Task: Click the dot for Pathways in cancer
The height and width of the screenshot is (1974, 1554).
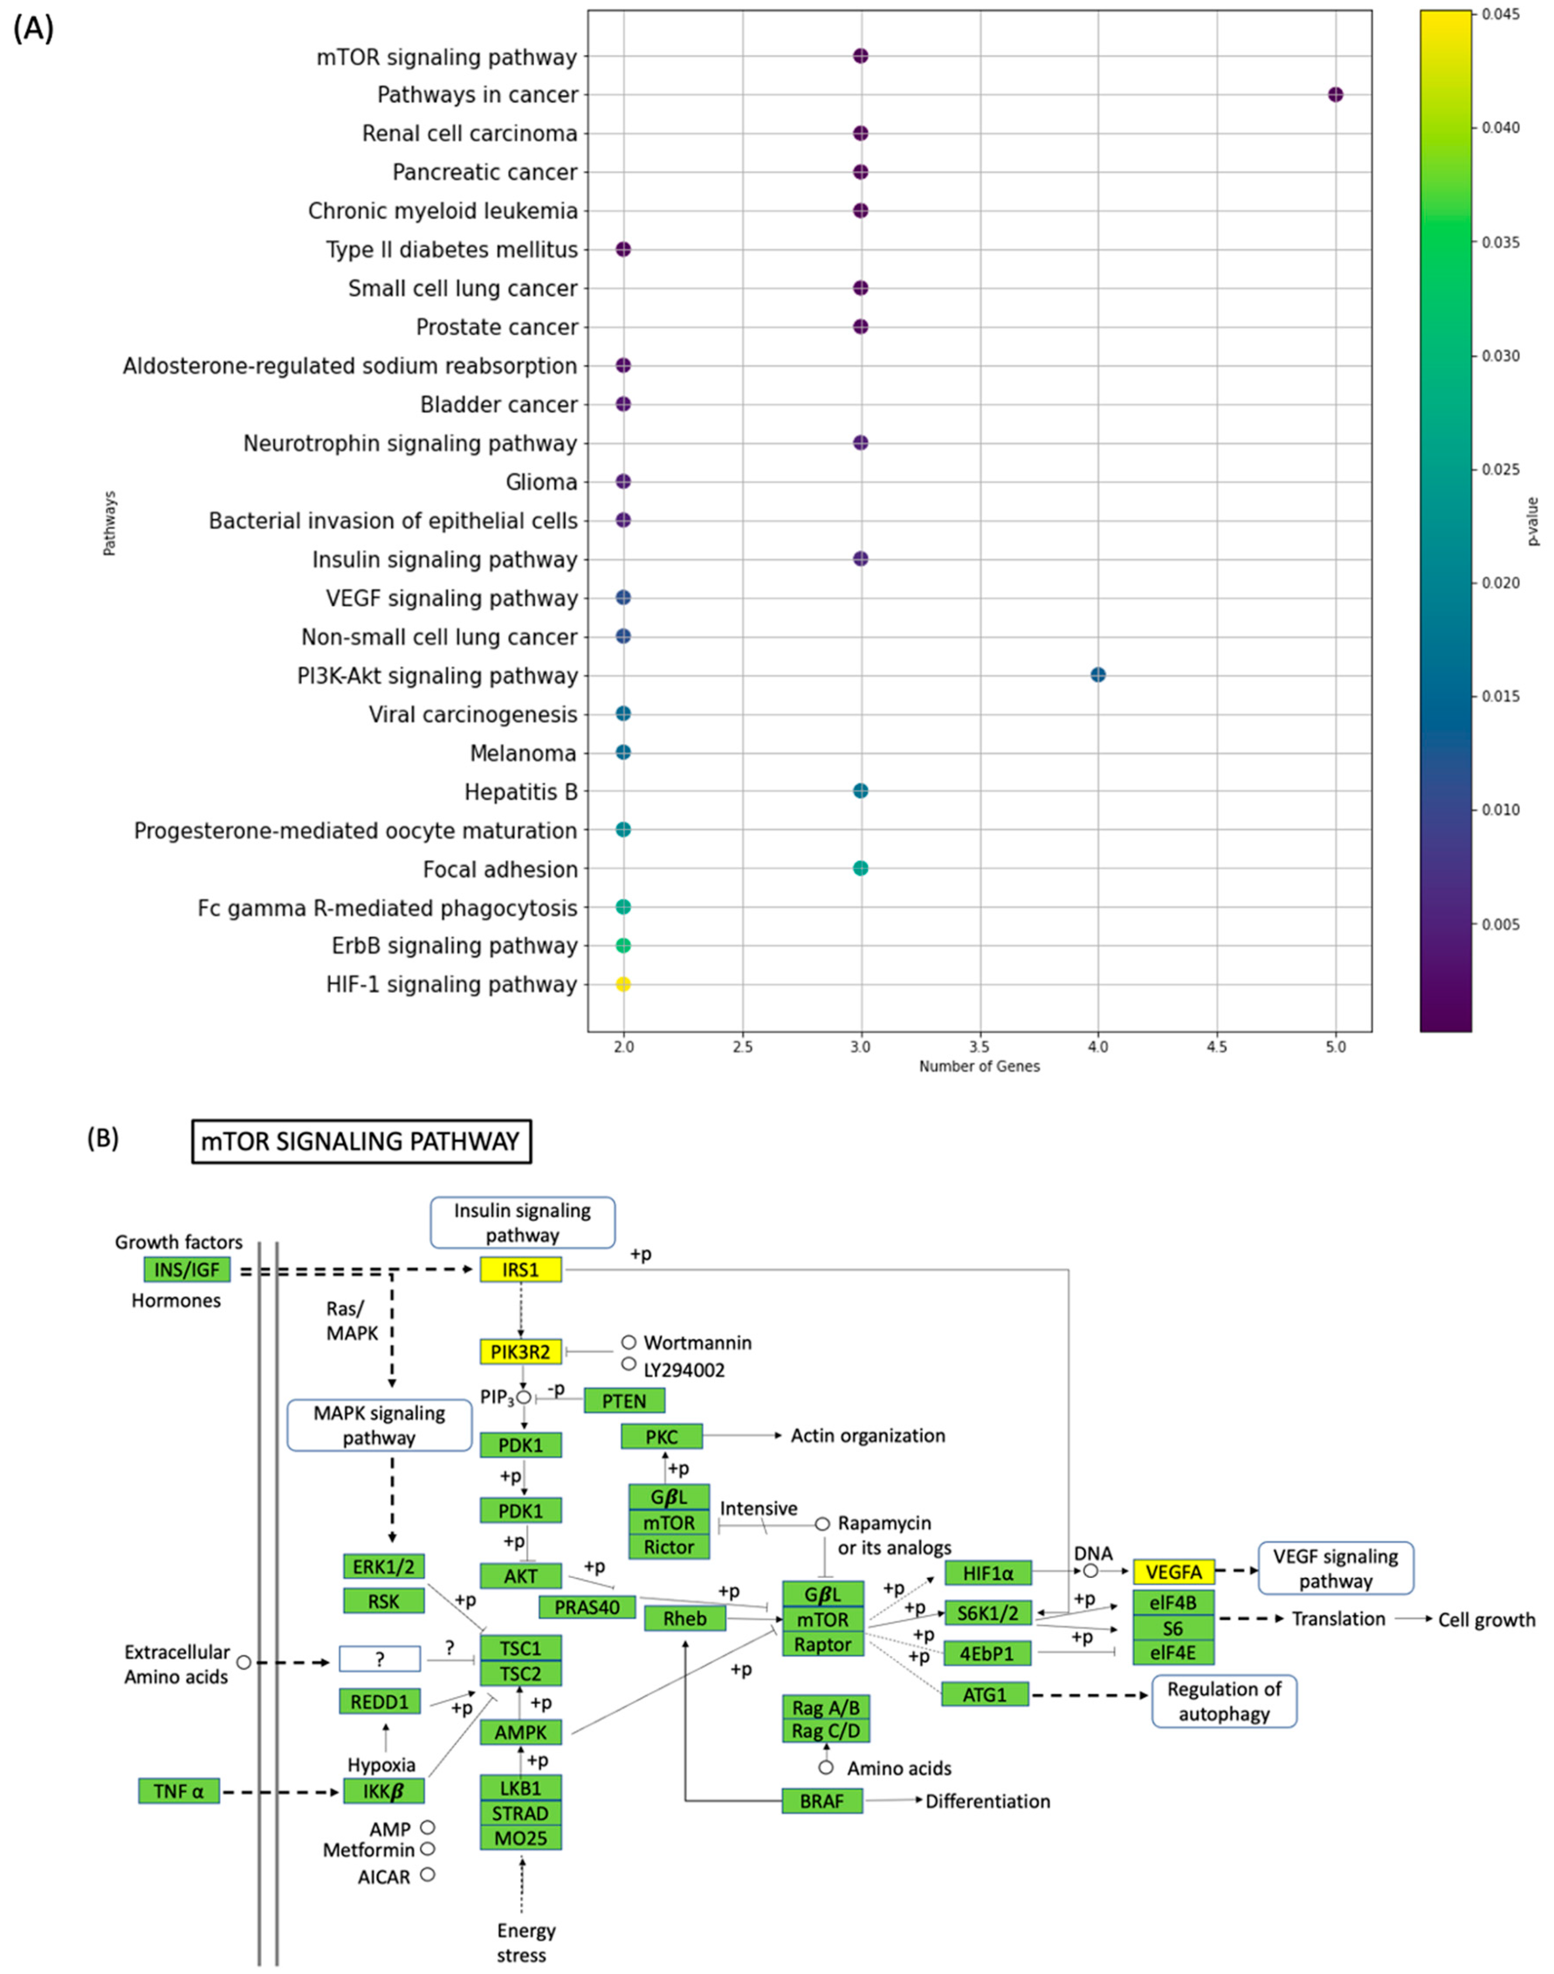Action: pyautogui.click(x=1335, y=95)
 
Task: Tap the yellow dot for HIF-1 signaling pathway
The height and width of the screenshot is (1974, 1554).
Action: pyautogui.click(x=623, y=984)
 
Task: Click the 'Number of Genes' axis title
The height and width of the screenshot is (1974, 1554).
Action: pyautogui.click(x=979, y=1066)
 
